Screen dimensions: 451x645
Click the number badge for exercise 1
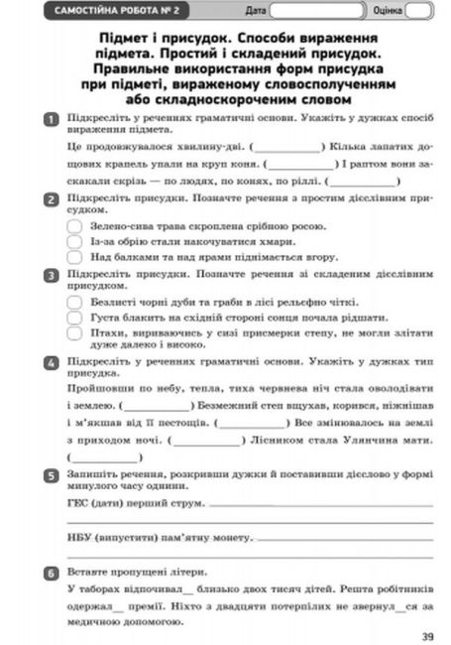pos(51,119)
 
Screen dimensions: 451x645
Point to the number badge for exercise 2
pos(51,198)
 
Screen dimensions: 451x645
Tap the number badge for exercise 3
pos(51,273)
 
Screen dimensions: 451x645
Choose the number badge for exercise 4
pos(51,363)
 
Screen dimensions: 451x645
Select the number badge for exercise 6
pos(51,573)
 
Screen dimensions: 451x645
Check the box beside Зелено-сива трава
pos(75,225)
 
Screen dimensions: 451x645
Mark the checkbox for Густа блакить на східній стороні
pos(75,316)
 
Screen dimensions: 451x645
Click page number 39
pos(426,636)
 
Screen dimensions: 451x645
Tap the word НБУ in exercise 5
pos(78,537)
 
